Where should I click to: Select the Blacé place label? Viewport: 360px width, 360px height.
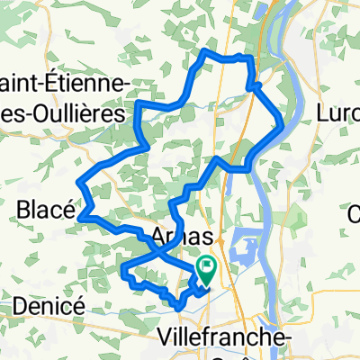(45, 210)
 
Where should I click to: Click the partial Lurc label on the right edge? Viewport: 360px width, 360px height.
(341, 115)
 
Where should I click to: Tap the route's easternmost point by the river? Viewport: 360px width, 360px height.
(283, 126)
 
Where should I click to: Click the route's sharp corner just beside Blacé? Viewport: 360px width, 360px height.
(82, 216)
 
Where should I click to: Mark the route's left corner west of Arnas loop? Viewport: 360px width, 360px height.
(121, 266)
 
